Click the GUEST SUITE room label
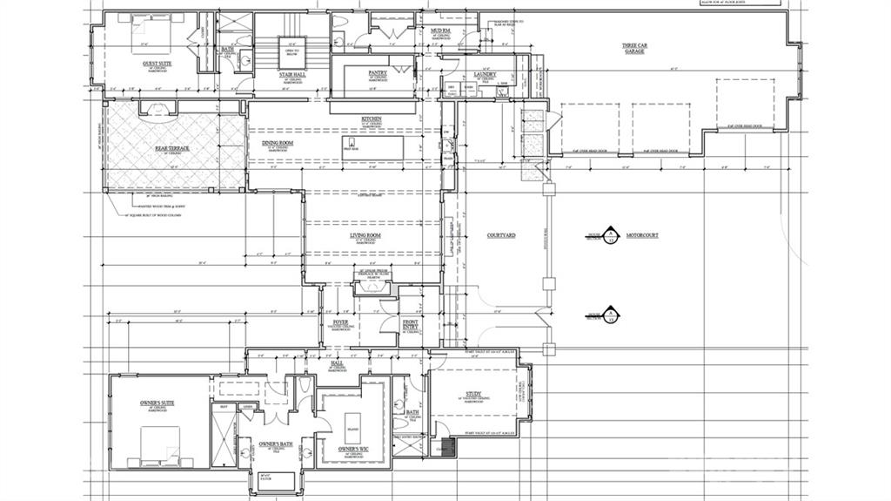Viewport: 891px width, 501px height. (x=157, y=64)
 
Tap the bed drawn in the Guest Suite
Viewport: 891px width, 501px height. (x=146, y=33)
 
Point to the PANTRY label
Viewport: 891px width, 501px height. (x=378, y=74)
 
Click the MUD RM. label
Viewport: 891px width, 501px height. (x=440, y=30)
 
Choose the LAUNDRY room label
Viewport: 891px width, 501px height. (x=485, y=75)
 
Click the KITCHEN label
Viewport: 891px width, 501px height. (x=372, y=119)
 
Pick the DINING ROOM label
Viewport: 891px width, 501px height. (x=277, y=143)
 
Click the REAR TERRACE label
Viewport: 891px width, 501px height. (x=172, y=149)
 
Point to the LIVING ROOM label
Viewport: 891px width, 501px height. (x=372, y=235)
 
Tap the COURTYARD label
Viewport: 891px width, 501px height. (x=501, y=235)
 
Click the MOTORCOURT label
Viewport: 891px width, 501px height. (x=646, y=235)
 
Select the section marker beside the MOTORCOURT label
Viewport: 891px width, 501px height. (x=611, y=235)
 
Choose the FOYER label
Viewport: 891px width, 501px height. (x=340, y=323)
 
